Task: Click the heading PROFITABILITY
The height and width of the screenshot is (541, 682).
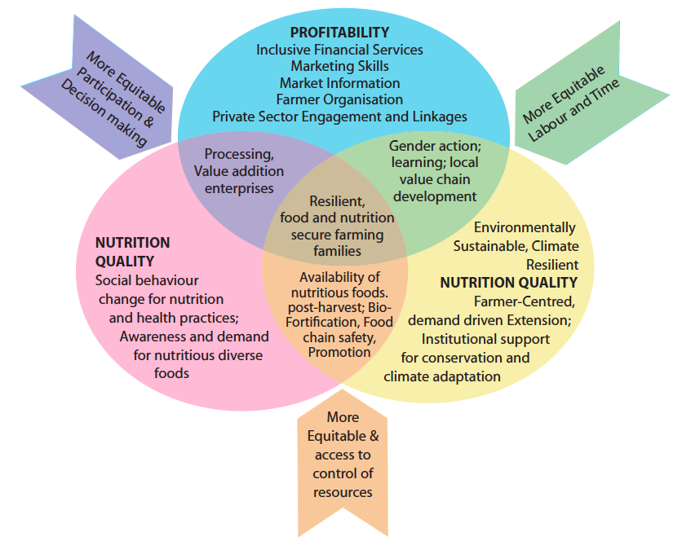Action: point(339,33)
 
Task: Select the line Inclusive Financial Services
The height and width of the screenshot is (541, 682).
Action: point(339,50)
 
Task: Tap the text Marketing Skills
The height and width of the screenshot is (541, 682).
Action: point(339,66)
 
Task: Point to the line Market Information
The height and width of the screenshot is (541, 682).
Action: point(339,83)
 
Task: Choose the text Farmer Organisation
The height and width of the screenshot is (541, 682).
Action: point(339,99)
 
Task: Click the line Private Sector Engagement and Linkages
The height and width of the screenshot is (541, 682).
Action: point(339,117)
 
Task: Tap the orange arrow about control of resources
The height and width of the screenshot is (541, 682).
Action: point(343,456)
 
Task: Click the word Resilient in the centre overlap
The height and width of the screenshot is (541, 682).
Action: point(336,201)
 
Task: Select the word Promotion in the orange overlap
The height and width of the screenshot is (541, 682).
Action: point(339,352)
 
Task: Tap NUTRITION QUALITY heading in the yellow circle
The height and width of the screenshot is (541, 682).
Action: point(508,283)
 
